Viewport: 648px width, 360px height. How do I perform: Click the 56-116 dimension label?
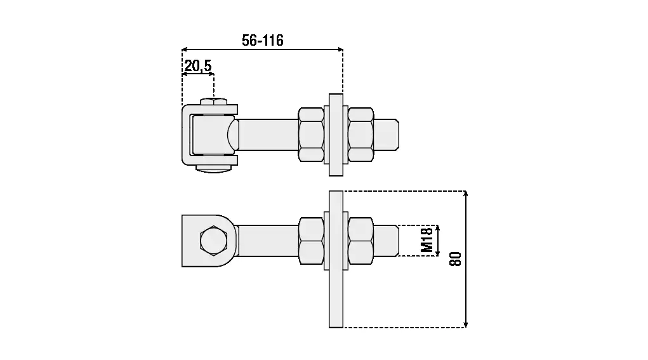point(262,41)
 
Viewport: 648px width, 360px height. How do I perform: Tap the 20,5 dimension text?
point(198,66)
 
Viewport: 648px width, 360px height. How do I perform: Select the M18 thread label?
point(426,240)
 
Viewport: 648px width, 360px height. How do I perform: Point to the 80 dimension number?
point(455,259)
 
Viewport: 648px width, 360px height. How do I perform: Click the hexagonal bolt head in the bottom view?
point(214,240)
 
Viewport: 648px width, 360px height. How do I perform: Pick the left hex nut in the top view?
point(311,135)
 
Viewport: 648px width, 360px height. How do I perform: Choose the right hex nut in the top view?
point(360,135)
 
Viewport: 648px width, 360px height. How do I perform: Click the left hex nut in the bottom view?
point(311,241)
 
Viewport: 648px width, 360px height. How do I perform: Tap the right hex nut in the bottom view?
point(360,241)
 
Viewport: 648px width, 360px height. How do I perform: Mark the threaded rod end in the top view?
point(387,135)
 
